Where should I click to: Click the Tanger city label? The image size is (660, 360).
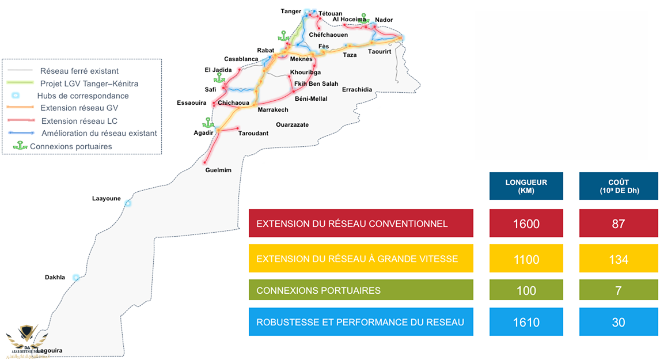pyautogui.click(x=291, y=11)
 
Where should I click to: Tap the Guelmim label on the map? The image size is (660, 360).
pyautogui.click(x=218, y=170)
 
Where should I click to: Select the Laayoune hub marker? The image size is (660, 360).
pyautogui.click(x=128, y=203)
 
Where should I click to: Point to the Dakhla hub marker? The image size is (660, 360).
pyautogui.click(x=76, y=278)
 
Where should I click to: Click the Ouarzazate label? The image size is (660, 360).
pyautogui.click(x=292, y=124)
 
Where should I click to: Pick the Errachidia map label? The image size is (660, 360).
pyautogui.click(x=357, y=90)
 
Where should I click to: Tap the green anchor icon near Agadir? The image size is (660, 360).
pyautogui.click(x=207, y=123)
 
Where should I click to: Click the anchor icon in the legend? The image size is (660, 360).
pyautogui.click(x=20, y=146)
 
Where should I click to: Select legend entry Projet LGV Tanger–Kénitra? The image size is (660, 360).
pyautogui.click(x=89, y=84)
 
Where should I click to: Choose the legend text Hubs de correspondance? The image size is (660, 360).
pyautogui.click(x=83, y=96)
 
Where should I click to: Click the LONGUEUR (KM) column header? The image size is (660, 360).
pyautogui.click(x=526, y=186)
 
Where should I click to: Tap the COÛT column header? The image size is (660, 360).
pyautogui.click(x=618, y=186)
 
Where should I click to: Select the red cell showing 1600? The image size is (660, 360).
pyautogui.click(x=526, y=223)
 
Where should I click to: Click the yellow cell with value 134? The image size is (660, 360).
pyautogui.click(x=618, y=259)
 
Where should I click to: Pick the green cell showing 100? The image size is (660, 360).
pyautogui.click(x=526, y=290)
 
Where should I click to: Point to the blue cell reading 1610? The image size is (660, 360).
pyautogui.click(x=526, y=323)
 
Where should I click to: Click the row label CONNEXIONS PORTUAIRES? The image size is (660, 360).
pyautogui.click(x=318, y=290)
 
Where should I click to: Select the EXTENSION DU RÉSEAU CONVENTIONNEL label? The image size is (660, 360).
pyautogui.click(x=351, y=223)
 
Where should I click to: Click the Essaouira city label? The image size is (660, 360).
pyautogui.click(x=192, y=104)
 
